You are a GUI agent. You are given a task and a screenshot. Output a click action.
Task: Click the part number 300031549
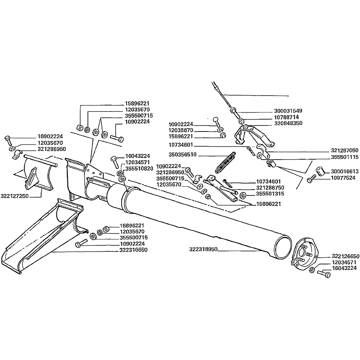[x=288, y=111]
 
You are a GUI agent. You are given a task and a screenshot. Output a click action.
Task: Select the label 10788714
[x=287, y=117]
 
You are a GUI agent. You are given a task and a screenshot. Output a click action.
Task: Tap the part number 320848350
[x=288, y=123]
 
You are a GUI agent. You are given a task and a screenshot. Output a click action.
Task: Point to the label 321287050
[x=345, y=150]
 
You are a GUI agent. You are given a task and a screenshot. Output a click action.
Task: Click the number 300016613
[x=345, y=172]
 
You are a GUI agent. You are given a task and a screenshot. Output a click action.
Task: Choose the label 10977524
[x=343, y=178]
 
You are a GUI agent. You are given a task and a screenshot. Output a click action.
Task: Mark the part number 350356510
[x=182, y=155]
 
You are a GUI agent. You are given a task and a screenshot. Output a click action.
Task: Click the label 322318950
[x=203, y=249]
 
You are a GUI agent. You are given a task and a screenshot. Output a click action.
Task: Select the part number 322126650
[x=345, y=256]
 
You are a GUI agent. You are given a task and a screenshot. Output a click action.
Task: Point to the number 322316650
[x=133, y=250]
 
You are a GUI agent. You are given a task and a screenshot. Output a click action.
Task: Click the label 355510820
[x=139, y=168]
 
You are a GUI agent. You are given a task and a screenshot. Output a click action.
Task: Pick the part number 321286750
[x=270, y=188]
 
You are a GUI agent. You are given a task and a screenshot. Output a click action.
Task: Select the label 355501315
[x=270, y=194]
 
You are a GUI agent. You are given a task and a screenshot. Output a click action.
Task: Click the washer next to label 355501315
[x=243, y=194]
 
